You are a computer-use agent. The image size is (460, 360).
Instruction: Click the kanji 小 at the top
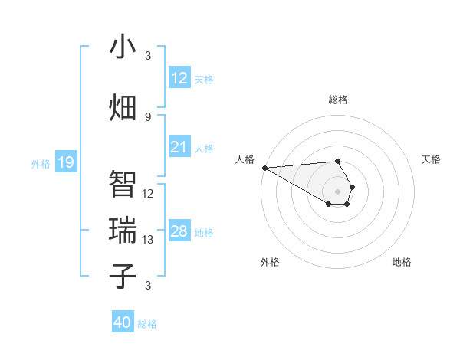tap(123, 47)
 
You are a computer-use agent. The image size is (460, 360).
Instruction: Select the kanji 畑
tap(123, 107)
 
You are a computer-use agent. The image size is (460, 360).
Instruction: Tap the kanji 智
tap(123, 184)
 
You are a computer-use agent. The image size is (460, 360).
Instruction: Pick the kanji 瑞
tap(123, 231)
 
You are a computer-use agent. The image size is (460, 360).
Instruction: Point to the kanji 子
tap(123, 277)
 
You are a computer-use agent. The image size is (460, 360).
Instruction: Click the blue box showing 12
tap(179, 78)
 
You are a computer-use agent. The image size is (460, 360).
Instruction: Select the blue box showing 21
tap(179, 147)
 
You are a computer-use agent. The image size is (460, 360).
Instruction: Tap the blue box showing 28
tap(179, 231)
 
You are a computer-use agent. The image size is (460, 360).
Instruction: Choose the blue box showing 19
tap(66, 162)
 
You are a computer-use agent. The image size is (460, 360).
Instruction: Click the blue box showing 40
tap(123, 322)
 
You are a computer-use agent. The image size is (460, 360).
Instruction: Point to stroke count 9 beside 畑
tap(148, 117)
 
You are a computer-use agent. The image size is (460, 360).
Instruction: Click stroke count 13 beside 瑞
tap(148, 240)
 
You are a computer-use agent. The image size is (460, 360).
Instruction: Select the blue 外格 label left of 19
tap(41, 163)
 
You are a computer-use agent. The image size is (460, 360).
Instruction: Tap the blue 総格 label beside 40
tap(147, 324)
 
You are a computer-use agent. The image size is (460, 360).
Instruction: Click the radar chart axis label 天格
tap(431, 159)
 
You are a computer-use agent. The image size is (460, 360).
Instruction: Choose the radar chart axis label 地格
tap(402, 262)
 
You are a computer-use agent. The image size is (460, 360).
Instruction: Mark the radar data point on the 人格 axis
tap(264, 167)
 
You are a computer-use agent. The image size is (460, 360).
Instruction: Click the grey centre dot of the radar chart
tap(337, 191)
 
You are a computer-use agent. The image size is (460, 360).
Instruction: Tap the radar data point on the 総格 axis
tap(337, 161)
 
